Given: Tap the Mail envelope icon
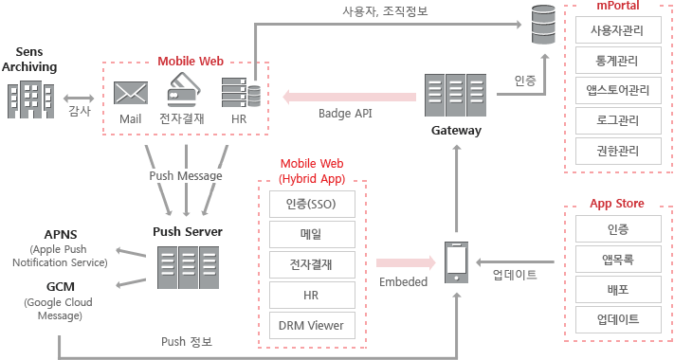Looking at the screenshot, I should (x=130, y=93).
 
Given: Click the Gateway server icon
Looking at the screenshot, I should (x=456, y=96).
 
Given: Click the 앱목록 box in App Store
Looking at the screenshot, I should (x=617, y=259).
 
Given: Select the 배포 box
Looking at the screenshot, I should (x=617, y=289).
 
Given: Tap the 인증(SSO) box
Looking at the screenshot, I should (x=311, y=204).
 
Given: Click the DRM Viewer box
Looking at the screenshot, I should (x=311, y=325).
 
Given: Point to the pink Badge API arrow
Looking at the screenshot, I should (x=350, y=96).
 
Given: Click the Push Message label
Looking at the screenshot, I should (x=186, y=175).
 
